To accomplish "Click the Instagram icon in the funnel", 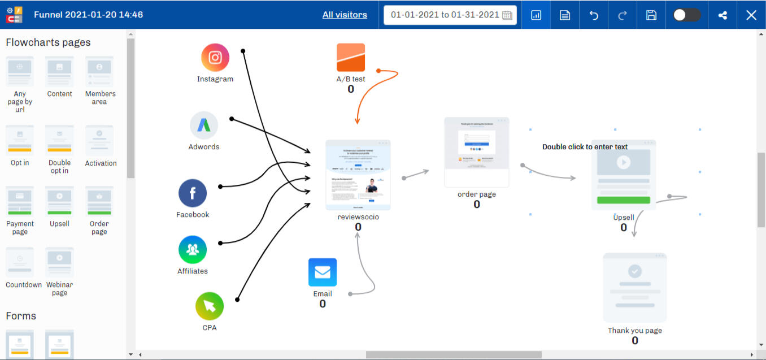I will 215,58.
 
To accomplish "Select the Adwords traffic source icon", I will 204,125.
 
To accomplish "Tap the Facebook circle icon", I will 193,193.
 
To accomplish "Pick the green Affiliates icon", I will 193,250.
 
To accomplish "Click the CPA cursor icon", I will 210,306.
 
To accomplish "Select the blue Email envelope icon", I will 323,272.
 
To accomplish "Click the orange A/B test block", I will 351,58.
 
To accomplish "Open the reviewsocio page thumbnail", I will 358,175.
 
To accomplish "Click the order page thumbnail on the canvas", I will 477,152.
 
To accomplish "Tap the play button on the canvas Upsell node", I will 624,162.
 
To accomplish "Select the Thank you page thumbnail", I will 635,288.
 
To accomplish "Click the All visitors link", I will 345,15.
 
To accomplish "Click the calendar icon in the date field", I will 507,15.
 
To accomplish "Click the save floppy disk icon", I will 651,15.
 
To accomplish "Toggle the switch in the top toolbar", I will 686,15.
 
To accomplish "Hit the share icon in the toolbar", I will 723,15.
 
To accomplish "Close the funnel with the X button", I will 751,15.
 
